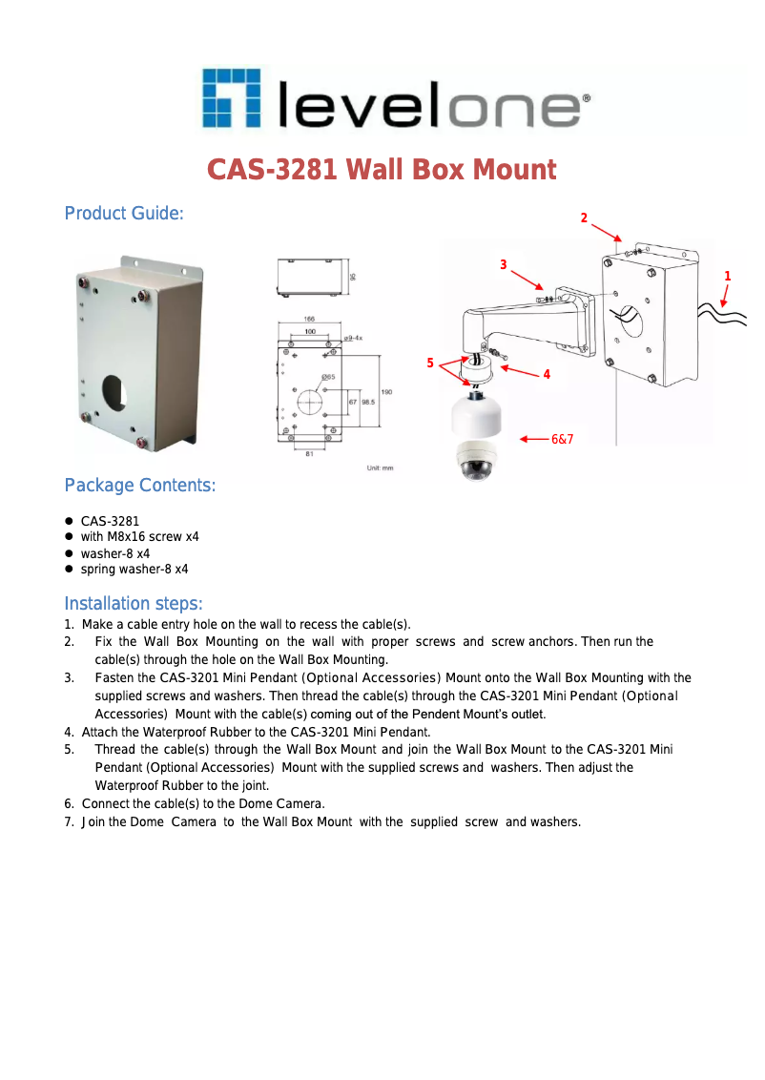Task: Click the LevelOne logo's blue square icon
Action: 231,99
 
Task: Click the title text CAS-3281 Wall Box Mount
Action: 382,171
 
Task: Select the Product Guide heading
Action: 123,213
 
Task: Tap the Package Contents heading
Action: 139,486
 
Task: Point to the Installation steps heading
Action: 133,604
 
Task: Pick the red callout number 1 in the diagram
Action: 728,276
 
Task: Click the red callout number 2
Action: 585,218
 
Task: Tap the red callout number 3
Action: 503,263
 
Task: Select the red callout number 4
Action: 547,375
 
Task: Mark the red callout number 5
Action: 430,363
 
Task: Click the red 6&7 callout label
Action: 562,439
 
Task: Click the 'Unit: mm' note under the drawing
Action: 380,467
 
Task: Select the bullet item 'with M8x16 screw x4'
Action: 139,537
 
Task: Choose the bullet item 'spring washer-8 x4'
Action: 134,569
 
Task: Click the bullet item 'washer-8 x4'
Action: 114,553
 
